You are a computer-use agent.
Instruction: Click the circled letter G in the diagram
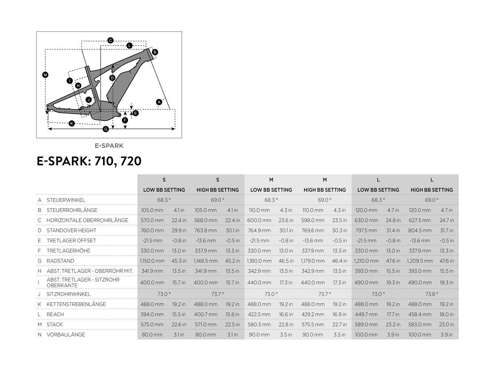pos(106,129)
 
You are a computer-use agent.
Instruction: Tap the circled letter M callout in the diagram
pos(45,75)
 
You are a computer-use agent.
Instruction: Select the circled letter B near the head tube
pos(155,52)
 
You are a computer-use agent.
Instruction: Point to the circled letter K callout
pos(71,123)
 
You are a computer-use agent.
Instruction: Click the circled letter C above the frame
pos(110,40)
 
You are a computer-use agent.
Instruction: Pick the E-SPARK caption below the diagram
pos(109,146)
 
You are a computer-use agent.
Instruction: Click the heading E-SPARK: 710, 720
pos(89,161)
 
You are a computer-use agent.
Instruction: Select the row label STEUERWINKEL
pos(66,200)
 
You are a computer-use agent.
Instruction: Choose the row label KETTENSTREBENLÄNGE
pos(76,304)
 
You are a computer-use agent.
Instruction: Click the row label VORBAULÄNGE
pos(66,335)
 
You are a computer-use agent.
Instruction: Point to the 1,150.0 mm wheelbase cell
pos(152,261)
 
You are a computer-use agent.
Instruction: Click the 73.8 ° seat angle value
pos(432,294)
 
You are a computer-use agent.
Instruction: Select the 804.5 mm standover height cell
pos(420,230)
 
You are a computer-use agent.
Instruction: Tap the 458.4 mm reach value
pos(420,314)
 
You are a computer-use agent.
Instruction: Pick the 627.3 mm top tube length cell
pos(420,220)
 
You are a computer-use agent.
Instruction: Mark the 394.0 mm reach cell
pos(152,314)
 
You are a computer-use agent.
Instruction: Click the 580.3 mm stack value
pos(259,325)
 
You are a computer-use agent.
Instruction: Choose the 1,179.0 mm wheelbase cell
pos(313,261)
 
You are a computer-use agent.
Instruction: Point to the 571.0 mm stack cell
pos(206,325)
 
